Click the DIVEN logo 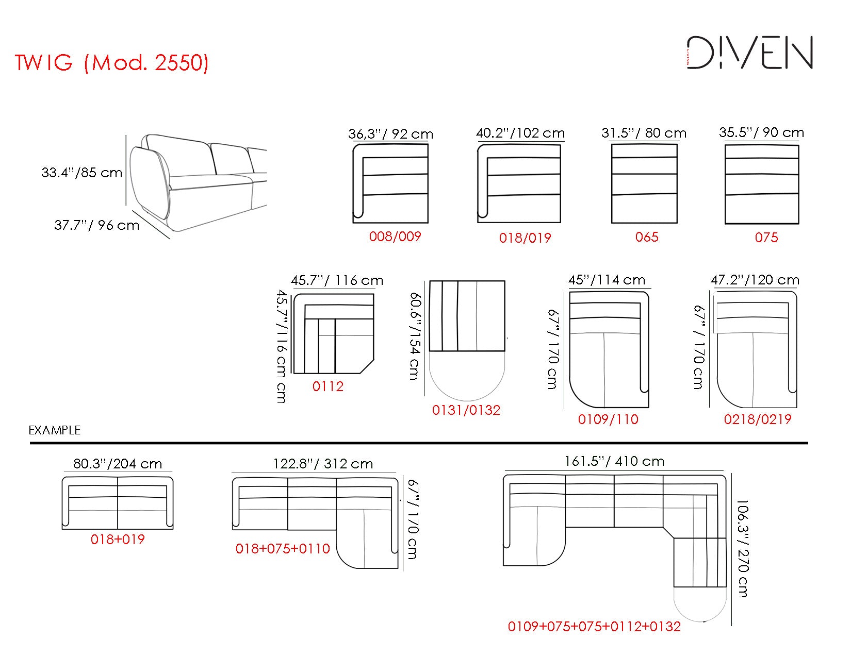[750, 53]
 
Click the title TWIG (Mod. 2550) [111, 62]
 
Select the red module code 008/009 [395, 237]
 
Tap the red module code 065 [647, 237]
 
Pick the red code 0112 [328, 386]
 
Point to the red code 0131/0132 [466, 410]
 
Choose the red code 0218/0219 [757, 419]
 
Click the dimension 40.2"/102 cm [520, 133]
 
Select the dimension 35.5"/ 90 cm [761, 132]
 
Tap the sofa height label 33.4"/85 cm [81, 172]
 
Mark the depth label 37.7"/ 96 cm [96, 225]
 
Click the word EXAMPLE [54, 430]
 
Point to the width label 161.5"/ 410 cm [614, 461]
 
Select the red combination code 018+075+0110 [283, 549]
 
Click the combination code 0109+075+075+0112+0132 [594, 627]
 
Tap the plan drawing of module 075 [761, 184]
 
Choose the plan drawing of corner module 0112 [333, 333]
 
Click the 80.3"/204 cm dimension [118, 464]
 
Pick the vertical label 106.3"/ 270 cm [742, 548]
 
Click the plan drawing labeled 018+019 [118, 503]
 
